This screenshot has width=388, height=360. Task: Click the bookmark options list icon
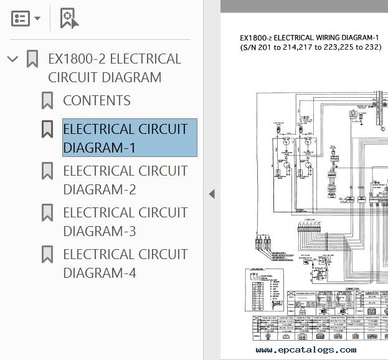[21, 18]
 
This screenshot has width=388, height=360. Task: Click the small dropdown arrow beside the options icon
[37, 19]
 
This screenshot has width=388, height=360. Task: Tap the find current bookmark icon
[69, 18]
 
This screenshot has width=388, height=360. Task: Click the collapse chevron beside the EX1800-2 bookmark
[12, 59]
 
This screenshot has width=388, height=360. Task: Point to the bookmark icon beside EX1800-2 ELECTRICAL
[32, 59]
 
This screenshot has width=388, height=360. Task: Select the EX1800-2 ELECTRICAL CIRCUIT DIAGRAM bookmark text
[114, 68]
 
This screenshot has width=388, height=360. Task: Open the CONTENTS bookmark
[97, 101]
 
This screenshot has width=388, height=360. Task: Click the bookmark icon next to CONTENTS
[47, 101]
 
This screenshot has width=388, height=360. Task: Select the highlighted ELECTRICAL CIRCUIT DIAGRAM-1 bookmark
[125, 138]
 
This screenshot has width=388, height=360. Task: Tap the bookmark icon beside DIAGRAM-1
[47, 130]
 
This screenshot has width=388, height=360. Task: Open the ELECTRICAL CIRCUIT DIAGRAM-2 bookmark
[125, 180]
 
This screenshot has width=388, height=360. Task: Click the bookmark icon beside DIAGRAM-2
[47, 171]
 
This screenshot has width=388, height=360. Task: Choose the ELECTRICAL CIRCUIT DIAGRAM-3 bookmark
[125, 222]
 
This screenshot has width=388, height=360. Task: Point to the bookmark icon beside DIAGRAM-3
[47, 213]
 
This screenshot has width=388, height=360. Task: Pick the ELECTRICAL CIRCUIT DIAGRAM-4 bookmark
[125, 263]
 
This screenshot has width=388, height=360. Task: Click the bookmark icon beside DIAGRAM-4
[47, 255]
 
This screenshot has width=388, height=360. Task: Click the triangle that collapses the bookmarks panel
[212, 194]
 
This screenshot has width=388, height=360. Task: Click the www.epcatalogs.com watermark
[306, 350]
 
